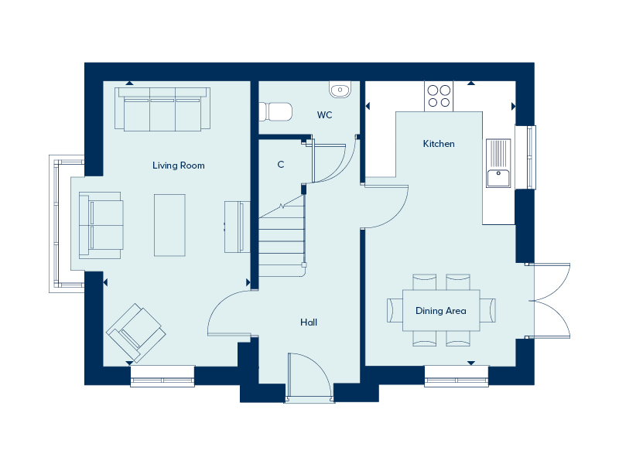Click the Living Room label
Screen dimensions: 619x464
pyautogui.click(x=179, y=165)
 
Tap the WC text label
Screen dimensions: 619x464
pyautogui.click(x=324, y=114)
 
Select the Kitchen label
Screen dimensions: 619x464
pyautogui.click(x=439, y=144)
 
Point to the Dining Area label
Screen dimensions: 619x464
pyautogui.click(x=441, y=311)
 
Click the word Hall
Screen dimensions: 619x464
pyautogui.click(x=309, y=322)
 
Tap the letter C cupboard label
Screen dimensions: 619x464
pyautogui.click(x=281, y=165)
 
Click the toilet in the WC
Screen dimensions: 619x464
pyautogui.click(x=275, y=111)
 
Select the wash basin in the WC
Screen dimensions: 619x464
pyautogui.click(x=340, y=90)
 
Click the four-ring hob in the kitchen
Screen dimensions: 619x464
pyautogui.click(x=439, y=96)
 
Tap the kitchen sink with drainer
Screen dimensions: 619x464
pyautogui.click(x=498, y=163)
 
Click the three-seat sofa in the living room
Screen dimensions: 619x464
pyautogui.click(x=162, y=109)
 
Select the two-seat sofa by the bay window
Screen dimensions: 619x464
pyautogui.click(x=101, y=225)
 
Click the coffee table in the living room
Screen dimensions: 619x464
pyautogui.click(x=169, y=225)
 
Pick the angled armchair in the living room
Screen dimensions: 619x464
pyautogui.click(x=136, y=333)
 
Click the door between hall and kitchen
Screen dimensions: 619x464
pyautogui.click(x=385, y=206)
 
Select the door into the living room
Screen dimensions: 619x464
pyautogui.click(x=229, y=314)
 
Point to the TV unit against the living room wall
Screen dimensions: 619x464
pyautogui.click(x=238, y=227)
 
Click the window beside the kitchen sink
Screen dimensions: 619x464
pyautogui.click(x=526, y=157)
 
